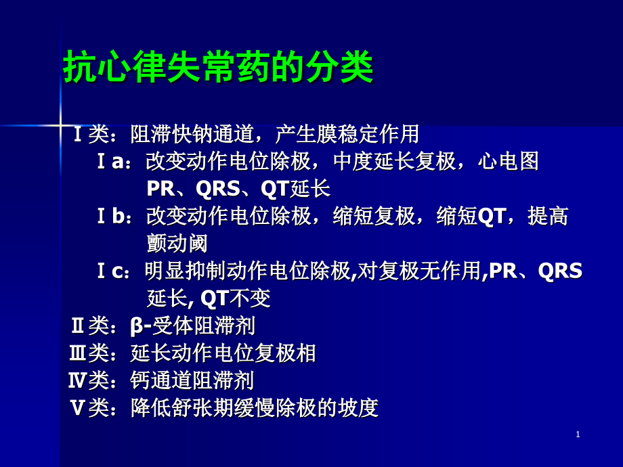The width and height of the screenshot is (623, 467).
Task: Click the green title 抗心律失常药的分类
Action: pos(218,68)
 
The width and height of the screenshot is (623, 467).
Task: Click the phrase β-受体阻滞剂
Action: pos(193,326)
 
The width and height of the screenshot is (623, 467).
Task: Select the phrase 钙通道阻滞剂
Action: pos(192,380)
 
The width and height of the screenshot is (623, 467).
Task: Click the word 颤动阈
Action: pos(177,244)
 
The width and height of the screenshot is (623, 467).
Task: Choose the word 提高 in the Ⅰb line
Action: pos(548,217)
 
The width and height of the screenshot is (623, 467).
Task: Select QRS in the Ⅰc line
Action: pos(560,271)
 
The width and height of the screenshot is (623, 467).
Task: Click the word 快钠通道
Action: pos(214,134)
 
